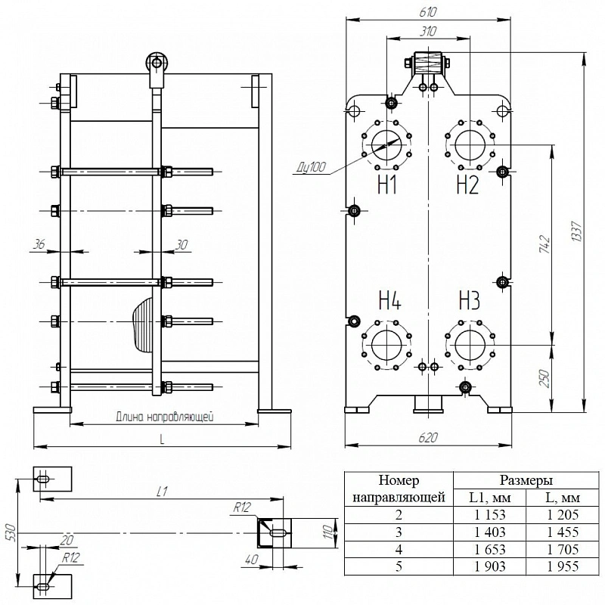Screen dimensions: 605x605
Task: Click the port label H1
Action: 387,185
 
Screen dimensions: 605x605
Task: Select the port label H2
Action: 467,185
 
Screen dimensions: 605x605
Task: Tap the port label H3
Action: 469,300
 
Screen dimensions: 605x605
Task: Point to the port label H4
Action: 389,300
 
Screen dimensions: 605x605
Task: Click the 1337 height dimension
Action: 578,231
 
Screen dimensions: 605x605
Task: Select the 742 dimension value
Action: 544,244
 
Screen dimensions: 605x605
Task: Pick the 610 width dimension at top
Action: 428,12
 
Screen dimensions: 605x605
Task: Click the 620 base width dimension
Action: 428,438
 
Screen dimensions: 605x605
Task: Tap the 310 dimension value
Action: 428,31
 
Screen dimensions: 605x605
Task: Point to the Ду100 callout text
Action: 312,167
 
